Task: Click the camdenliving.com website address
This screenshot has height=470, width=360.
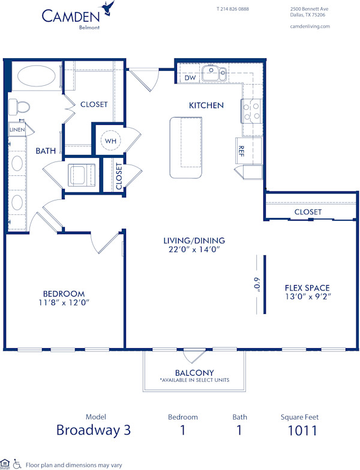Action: click(310, 26)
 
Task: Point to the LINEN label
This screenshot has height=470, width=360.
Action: click(17, 130)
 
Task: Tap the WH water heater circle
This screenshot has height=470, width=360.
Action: click(110, 140)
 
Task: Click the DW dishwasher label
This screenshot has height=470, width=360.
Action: click(190, 78)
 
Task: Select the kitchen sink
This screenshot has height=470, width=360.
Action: click(214, 74)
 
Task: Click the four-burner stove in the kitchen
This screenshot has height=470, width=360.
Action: click(252, 110)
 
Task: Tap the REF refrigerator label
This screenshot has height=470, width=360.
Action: click(241, 150)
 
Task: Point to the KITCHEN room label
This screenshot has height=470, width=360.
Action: click(206, 105)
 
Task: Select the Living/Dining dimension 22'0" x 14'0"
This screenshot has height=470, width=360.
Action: click(190, 251)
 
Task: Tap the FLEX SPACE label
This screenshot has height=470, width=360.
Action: click(307, 288)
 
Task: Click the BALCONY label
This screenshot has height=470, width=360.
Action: click(195, 373)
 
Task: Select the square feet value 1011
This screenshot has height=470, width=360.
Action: click(302, 430)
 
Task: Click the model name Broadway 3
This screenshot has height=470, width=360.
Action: click(92, 430)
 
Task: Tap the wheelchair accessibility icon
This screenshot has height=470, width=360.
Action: click(17, 464)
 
